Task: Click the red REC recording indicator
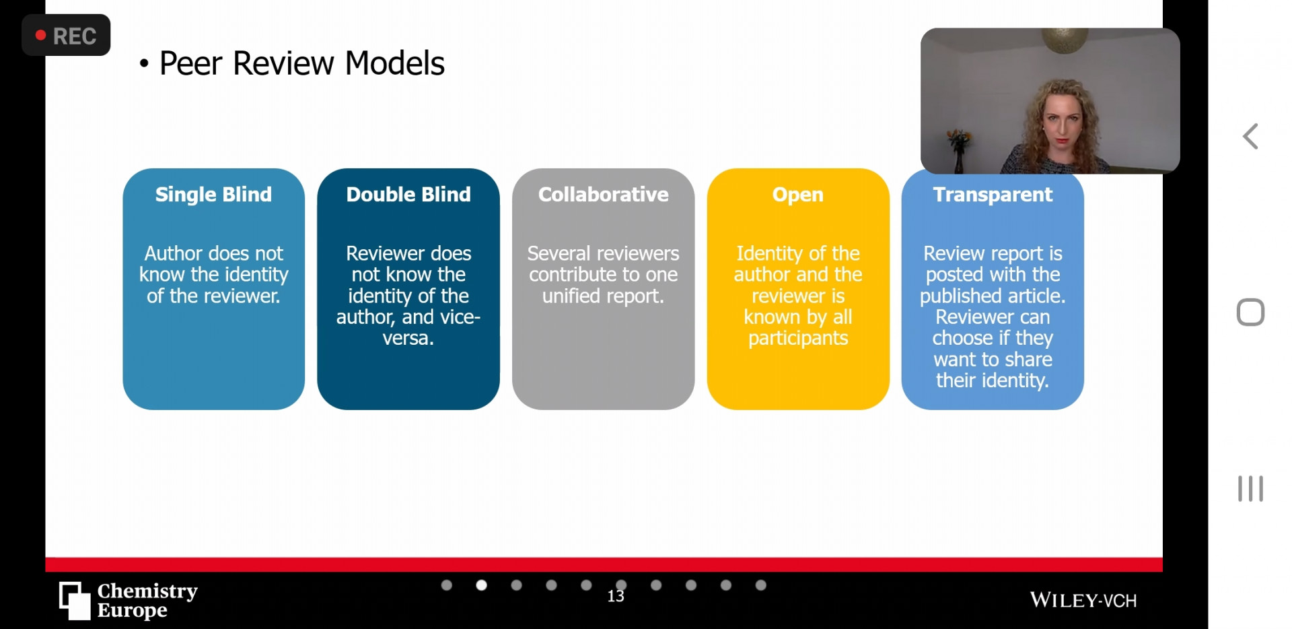pyautogui.click(x=66, y=35)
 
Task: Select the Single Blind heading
pyautogui.click(x=213, y=195)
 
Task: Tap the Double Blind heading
pyautogui.click(x=408, y=195)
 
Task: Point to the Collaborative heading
pyautogui.click(x=604, y=195)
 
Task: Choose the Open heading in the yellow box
pyautogui.click(x=798, y=195)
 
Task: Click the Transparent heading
pyautogui.click(x=993, y=195)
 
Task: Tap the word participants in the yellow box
pyautogui.click(x=798, y=338)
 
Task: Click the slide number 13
pyautogui.click(x=616, y=596)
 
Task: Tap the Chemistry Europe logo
pyautogui.click(x=129, y=600)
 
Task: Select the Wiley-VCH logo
pyautogui.click(x=1083, y=600)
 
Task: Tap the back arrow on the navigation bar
pyautogui.click(x=1250, y=137)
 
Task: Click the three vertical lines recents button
pyautogui.click(x=1250, y=489)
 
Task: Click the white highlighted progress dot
pyautogui.click(x=481, y=585)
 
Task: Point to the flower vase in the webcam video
pyautogui.click(x=958, y=152)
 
